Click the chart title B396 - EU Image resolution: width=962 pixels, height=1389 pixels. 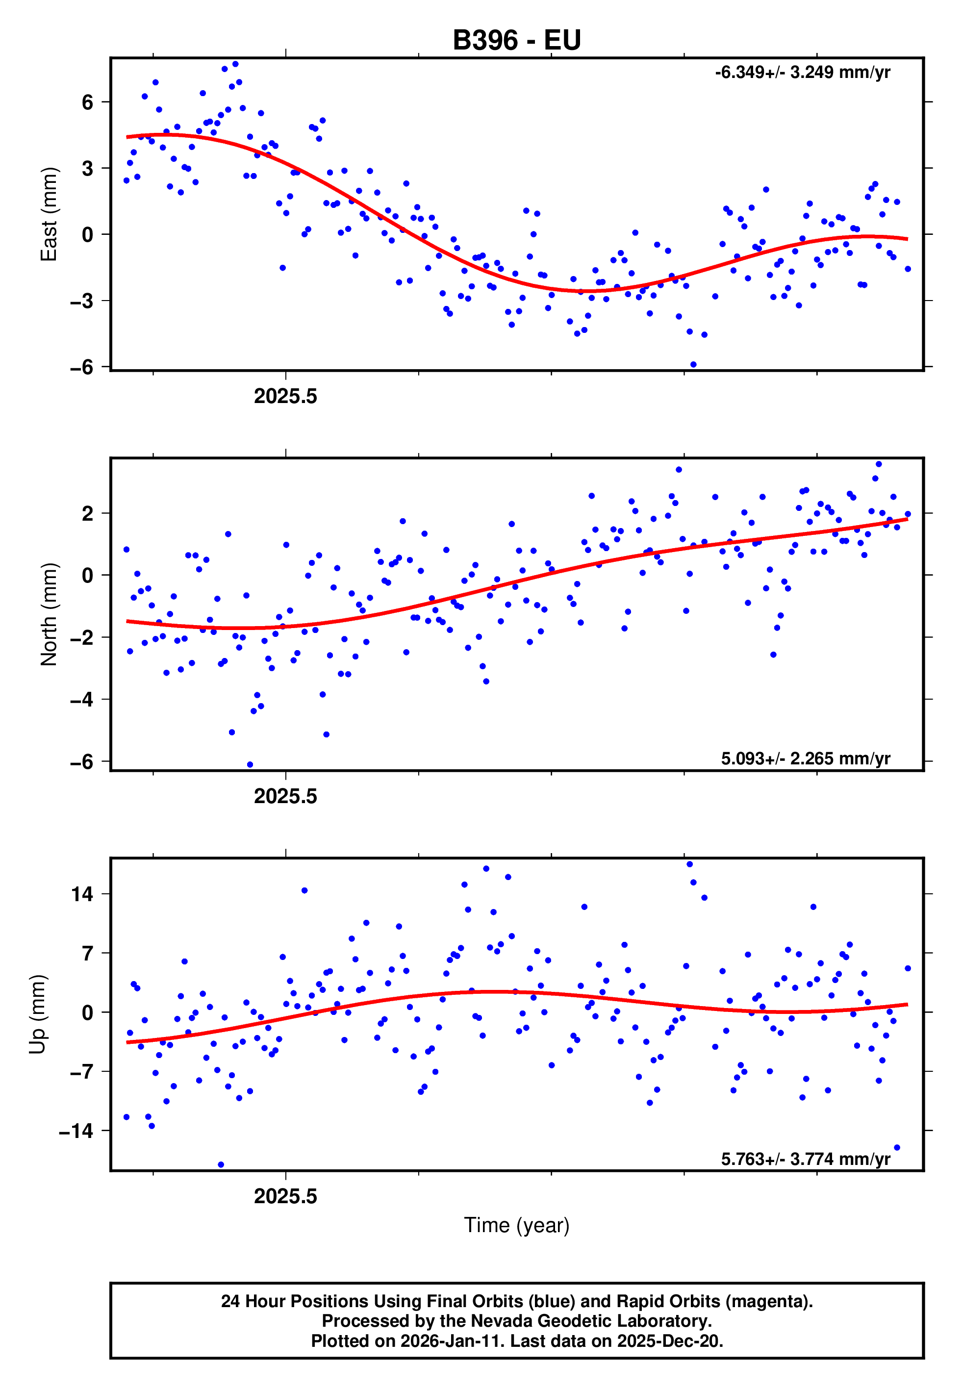click(x=517, y=40)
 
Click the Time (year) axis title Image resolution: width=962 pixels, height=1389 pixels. click(x=517, y=1225)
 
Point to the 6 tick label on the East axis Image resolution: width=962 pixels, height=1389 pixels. click(x=88, y=102)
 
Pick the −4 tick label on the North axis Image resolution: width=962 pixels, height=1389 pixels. click(x=82, y=700)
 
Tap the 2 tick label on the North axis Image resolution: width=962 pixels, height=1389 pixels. click(x=88, y=513)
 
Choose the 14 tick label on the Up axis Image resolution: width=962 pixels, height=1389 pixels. click(x=82, y=894)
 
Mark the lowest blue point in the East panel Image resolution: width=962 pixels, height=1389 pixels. click(x=693, y=365)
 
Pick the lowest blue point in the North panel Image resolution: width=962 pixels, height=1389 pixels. click(x=250, y=765)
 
